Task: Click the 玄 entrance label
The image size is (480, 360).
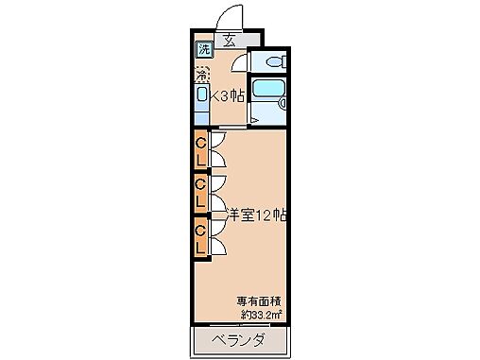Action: tap(231, 40)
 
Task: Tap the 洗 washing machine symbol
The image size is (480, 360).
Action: tap(204, 50)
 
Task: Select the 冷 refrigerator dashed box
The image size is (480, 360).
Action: tap(201, 73)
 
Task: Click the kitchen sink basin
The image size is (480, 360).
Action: tap(201, 95)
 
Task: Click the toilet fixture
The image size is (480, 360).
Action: tap(273, 62)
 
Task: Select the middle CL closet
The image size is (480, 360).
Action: tap(200, 193)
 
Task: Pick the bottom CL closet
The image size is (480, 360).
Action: tap(200, 238)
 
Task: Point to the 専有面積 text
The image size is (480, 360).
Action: tap(255, 302)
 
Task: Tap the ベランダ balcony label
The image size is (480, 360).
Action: tap(237, 338)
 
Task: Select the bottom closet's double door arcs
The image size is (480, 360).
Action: tap(216, 238)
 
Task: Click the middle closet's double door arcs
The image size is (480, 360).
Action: tap(216, 193)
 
